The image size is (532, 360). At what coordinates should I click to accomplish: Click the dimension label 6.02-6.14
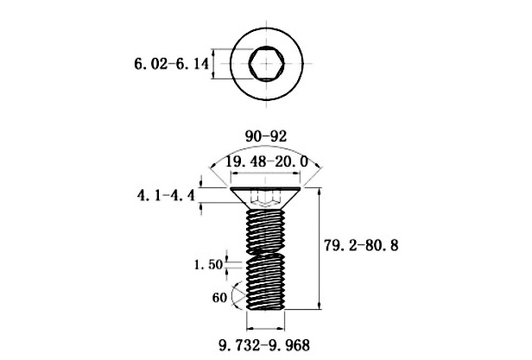[172, 64]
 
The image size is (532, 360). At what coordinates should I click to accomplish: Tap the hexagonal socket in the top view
[266, 63]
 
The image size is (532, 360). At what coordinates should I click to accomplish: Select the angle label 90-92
[266, 136]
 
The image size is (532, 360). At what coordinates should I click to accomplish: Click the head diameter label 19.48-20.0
[267, 161]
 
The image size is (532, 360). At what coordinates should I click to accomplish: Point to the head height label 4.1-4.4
[166, 195]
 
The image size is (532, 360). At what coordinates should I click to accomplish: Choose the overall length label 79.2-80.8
[361, 245]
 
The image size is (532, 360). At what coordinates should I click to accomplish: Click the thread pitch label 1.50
[208, 265]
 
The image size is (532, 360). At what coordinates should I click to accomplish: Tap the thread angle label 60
[219, 298]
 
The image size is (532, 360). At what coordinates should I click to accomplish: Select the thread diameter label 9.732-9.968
[264, 345]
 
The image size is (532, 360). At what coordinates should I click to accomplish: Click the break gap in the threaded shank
[266, 251]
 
